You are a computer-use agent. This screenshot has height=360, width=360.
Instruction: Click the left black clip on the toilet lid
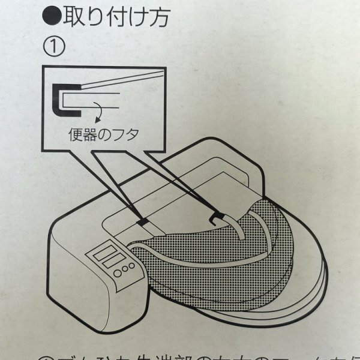pyautogui.click(x=143, y=223)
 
